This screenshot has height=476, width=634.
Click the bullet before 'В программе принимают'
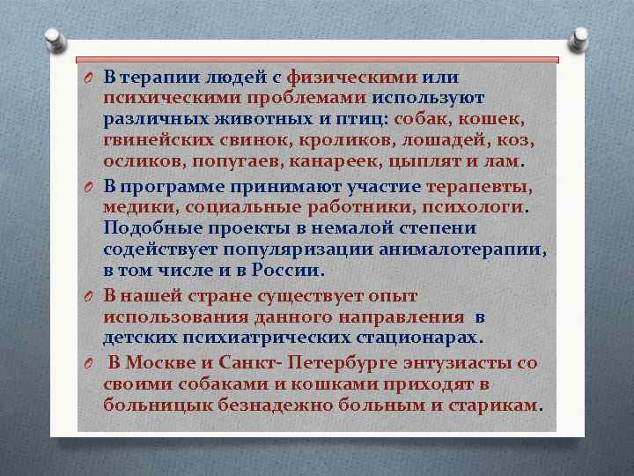tap(90, 186)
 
